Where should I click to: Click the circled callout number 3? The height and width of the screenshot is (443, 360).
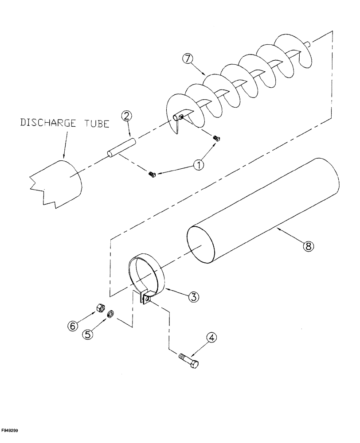click(193, 297)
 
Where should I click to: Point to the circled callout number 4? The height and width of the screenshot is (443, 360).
click(211, 338)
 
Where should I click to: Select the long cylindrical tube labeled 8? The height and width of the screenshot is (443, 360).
click(266, 199)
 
